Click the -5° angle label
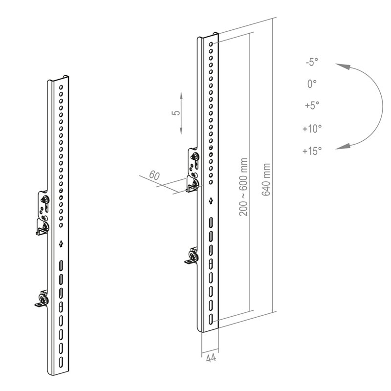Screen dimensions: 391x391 (312, 62)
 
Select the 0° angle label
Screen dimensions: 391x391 (312, 84)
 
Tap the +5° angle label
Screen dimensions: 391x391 (312, 106)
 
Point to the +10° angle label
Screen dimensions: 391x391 (312, 129)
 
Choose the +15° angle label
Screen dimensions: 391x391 (312, 151)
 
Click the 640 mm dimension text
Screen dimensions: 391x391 (266, 179)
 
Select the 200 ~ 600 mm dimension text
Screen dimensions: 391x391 (243, 187)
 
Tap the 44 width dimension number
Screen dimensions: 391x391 (211, 358)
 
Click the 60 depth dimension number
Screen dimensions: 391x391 (154, 175)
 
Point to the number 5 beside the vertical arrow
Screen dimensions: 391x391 (176, 113)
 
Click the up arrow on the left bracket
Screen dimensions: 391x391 (61, 243)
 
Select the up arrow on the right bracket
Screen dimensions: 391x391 (211, 200)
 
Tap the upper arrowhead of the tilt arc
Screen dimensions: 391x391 (343, 67)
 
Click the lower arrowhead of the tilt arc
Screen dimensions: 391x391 (343, 146)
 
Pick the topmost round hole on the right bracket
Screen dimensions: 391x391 (211, 44)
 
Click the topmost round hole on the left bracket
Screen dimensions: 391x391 (61, 87)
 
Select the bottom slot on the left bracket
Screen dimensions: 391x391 (61, 362)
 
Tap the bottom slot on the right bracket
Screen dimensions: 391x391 (211, 319)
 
